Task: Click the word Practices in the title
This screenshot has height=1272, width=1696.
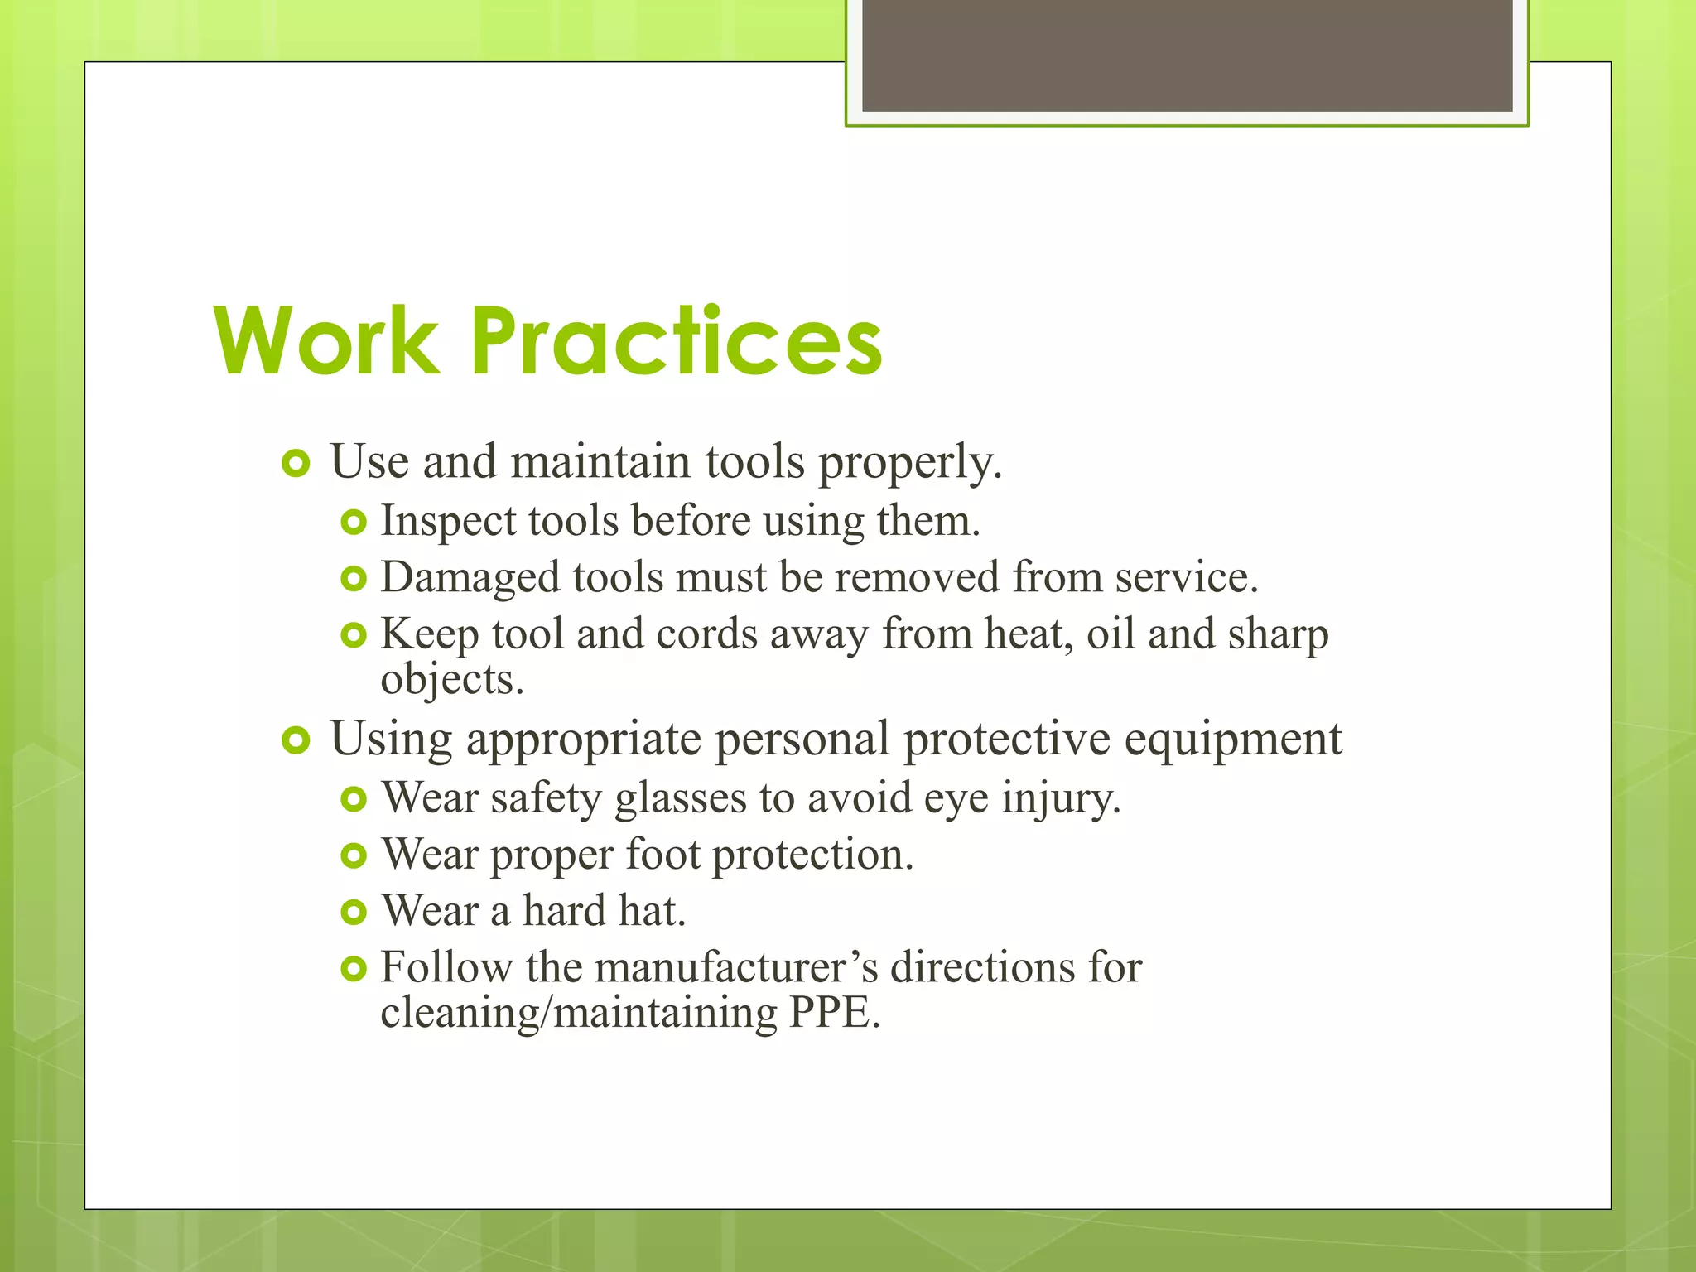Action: pyautogui.click(x=677, y=341)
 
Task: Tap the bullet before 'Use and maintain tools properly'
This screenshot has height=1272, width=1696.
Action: pyautogui.click(x=296, y=464)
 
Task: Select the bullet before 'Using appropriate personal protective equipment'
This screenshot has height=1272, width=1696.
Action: pyautogui.click(x=296, y=740)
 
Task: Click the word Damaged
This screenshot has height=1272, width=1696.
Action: pyautogui.click(x=470, y=578)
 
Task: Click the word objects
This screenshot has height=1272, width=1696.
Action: pyautogui.click(x=452, y=681)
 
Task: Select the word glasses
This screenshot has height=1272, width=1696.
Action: pyautogui.click(x=681, y=799)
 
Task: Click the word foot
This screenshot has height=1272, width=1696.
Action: pyautogui.click(x=662, y=855)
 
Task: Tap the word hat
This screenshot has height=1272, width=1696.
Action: pyautogui.click(x=653, y=911)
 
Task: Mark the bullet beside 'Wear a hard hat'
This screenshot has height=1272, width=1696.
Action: pyautogui.click(x=354, y=913)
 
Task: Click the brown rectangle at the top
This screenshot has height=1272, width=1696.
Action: pyautogui.click(x=1187, y=55)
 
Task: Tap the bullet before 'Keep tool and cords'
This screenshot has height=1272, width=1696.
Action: pyautogui.click(x=354, y=636)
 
